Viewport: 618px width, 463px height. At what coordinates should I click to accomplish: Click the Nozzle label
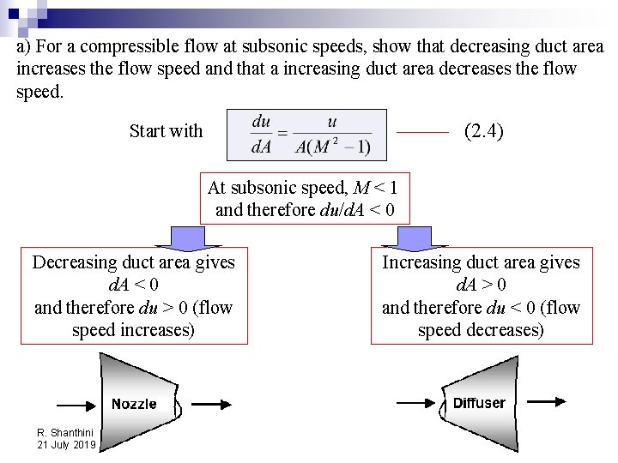pos(134,403)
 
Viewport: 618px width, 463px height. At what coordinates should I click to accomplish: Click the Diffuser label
pos(479,403)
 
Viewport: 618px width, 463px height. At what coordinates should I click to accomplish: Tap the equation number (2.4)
pos(483,131)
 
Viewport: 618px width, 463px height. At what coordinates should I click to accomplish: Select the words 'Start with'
pos(166,131)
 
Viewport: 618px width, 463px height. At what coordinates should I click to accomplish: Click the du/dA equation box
pos(306,135)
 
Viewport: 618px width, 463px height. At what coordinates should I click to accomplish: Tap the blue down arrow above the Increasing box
pos(419,237)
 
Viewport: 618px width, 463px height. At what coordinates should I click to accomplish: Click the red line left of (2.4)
pos(424,133)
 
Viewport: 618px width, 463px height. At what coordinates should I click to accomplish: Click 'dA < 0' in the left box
pos(133,285)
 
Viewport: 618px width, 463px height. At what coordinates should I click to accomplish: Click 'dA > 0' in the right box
pos(481,285)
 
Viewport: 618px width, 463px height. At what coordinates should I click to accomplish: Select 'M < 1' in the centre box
pos(375,187)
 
